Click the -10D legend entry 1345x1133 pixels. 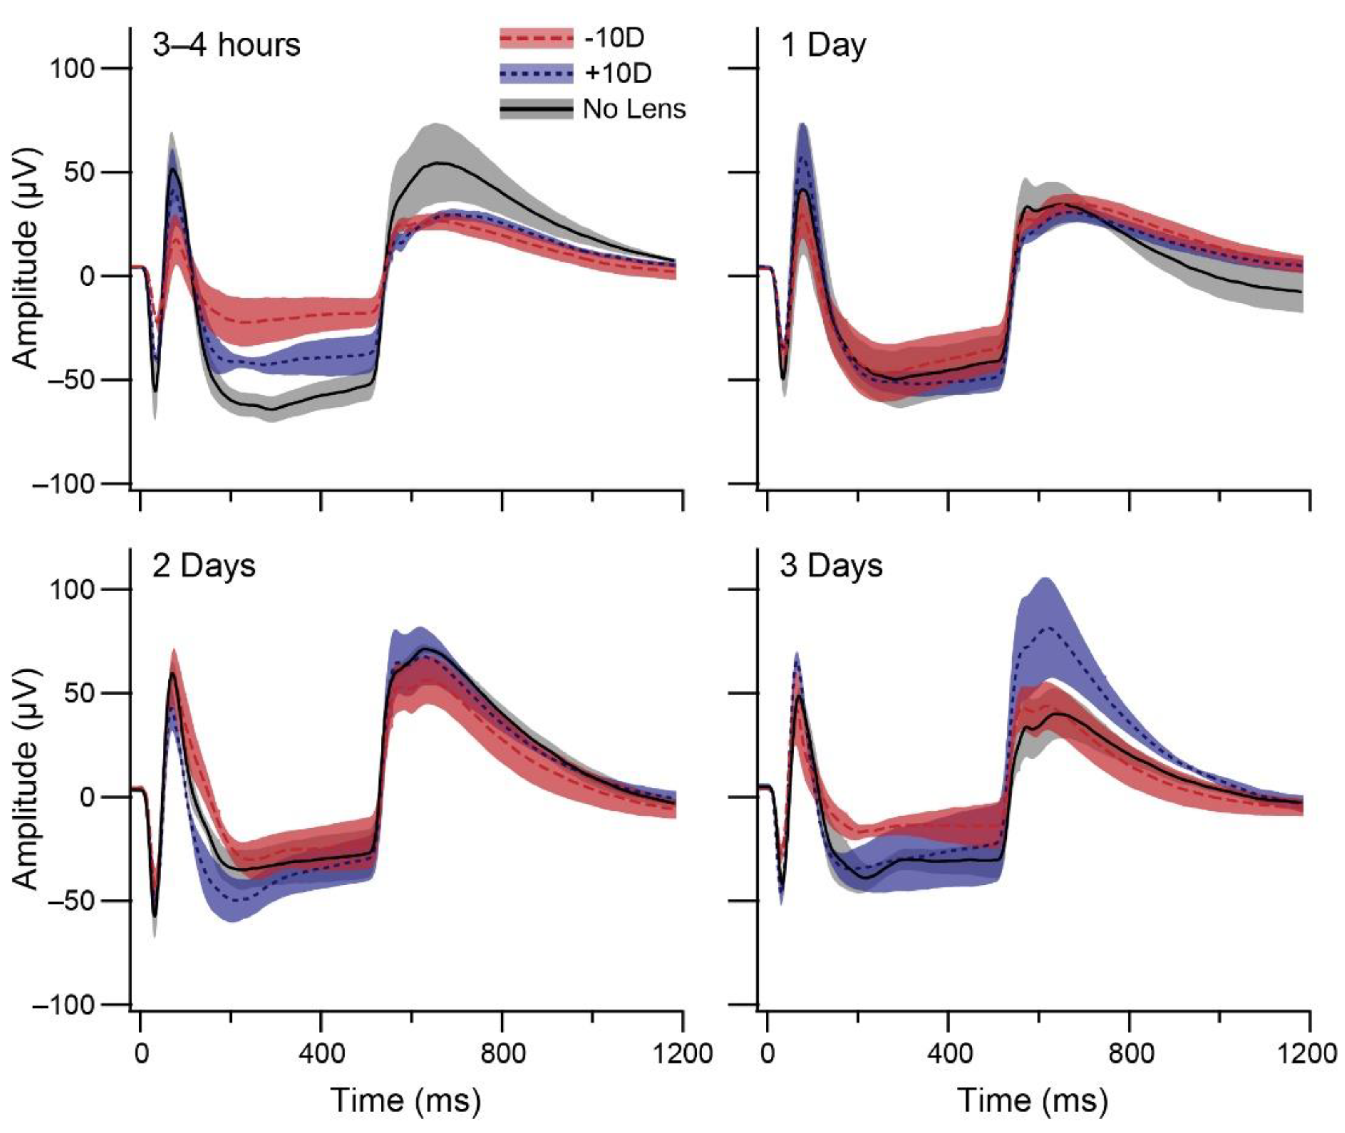pos(613,38)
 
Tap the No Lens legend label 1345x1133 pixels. pos(634,110)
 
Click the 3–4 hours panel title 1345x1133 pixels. pos(226,45)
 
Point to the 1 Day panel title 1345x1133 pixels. pos(823,45)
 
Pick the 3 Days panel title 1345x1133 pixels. pos(831,566)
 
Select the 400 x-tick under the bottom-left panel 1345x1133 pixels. pos(321,1054)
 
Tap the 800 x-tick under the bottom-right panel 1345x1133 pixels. pos(1129,1054)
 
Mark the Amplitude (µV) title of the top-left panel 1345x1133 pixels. pos(27,258)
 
